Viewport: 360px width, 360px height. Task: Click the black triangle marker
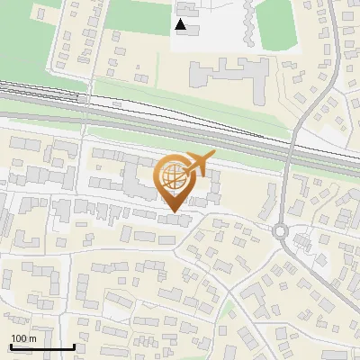point(182,25)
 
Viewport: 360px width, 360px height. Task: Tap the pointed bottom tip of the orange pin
point(174,212)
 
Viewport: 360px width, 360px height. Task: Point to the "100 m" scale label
point(22,337)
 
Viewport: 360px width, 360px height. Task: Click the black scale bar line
point(41,346)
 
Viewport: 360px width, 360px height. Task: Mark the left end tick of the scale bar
point(10,346)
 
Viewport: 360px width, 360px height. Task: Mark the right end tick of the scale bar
point(74,346)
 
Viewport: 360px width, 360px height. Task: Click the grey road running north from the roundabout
point(286,193)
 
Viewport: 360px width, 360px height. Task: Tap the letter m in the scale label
point(31,337)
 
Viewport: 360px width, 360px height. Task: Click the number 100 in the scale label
point(18,337)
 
